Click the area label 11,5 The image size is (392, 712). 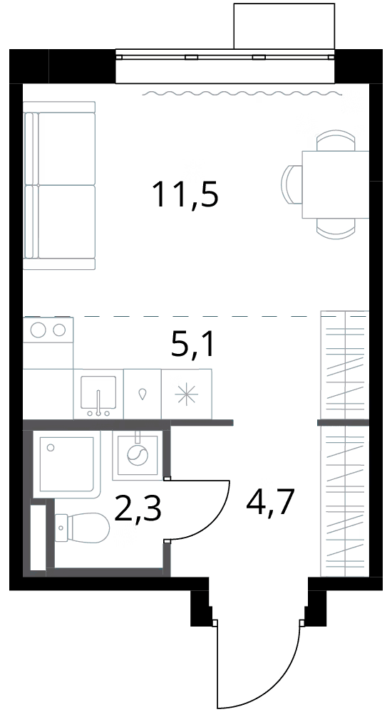pos(187,194)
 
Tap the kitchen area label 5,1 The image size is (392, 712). pos(192,345)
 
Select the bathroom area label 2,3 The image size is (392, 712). pos(138,510)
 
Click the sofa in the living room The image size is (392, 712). pos(59,186)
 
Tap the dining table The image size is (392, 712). pos(335,184)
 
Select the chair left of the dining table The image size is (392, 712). pos(292,185)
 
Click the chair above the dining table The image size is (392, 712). pos(336,141)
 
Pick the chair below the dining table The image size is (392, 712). pos(336,228)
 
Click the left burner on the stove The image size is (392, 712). pos(38,329)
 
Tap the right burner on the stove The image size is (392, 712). pos(59,329)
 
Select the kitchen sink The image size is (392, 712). pos(98,394)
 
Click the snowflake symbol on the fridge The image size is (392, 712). pos(187,393)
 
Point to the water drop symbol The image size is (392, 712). pos(143,394)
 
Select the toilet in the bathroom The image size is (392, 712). pos(82,528)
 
